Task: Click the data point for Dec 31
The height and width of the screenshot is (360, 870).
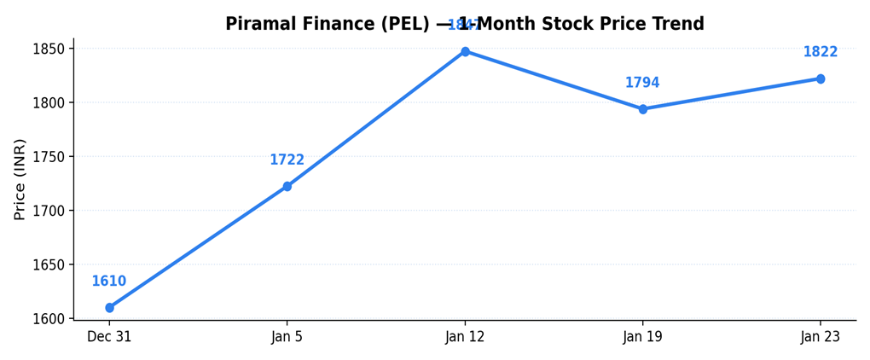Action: click(109, 308)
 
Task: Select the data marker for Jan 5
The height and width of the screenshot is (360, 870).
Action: click(287, 186)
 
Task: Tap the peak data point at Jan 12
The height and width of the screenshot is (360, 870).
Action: click(465, 52)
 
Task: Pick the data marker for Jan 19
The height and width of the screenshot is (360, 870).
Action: click(643, 109)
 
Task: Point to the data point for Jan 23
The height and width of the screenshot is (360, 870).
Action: click(821, 78)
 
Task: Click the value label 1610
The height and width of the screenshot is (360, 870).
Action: click(109, 282)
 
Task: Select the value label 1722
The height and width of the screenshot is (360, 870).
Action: click(287, 160)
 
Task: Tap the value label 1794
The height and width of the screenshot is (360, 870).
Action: click(642, 83)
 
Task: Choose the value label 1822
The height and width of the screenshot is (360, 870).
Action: click(821, 52)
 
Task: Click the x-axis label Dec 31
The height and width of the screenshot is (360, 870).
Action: click(109, 337)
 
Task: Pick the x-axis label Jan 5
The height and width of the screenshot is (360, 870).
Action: click(287, 337)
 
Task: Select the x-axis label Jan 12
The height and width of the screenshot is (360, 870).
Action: click(465, 337)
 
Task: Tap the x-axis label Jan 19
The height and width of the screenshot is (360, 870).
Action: click(643, 337)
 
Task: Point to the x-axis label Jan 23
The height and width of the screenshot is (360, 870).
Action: click(821, 337)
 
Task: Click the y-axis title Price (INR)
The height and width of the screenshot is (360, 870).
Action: click(20, 179)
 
